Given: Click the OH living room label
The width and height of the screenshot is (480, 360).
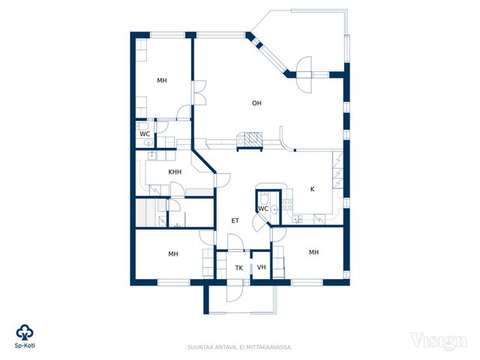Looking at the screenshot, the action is coord(256,103).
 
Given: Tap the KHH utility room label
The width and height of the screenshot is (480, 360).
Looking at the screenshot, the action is coord(175,172).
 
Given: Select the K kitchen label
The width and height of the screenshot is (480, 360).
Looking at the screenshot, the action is coord(312,189).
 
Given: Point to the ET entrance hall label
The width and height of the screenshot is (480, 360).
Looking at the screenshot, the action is coord(235,220).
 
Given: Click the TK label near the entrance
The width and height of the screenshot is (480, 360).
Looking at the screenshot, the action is coord(239,268).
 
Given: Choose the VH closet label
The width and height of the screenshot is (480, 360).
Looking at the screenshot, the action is coord(262,267).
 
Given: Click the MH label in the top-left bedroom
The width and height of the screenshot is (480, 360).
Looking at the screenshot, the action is coord(162,80).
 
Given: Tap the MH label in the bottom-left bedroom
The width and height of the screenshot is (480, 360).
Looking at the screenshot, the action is coord(173,253).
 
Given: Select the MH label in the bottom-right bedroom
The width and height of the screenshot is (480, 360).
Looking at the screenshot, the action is coord(313,252).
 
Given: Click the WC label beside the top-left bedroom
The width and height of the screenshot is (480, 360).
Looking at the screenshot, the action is coord(145,134).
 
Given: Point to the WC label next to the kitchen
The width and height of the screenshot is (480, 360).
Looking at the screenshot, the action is coord(263,208).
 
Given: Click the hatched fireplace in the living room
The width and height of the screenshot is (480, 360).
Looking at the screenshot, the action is coord(253,138).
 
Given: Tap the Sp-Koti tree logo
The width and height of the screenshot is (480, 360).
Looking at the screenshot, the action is coord(25,332).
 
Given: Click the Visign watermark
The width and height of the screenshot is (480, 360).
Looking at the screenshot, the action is coord(439,340).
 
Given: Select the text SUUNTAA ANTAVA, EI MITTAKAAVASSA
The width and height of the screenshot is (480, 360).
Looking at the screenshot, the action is coord(240,347).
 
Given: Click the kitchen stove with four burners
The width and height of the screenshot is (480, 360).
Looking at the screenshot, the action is coord(287,205).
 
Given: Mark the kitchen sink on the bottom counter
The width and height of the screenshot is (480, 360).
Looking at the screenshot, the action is coord(297,219).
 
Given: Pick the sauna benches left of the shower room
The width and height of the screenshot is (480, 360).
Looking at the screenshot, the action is coord(147,213).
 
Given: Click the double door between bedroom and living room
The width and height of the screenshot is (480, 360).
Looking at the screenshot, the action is coord(199,93).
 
